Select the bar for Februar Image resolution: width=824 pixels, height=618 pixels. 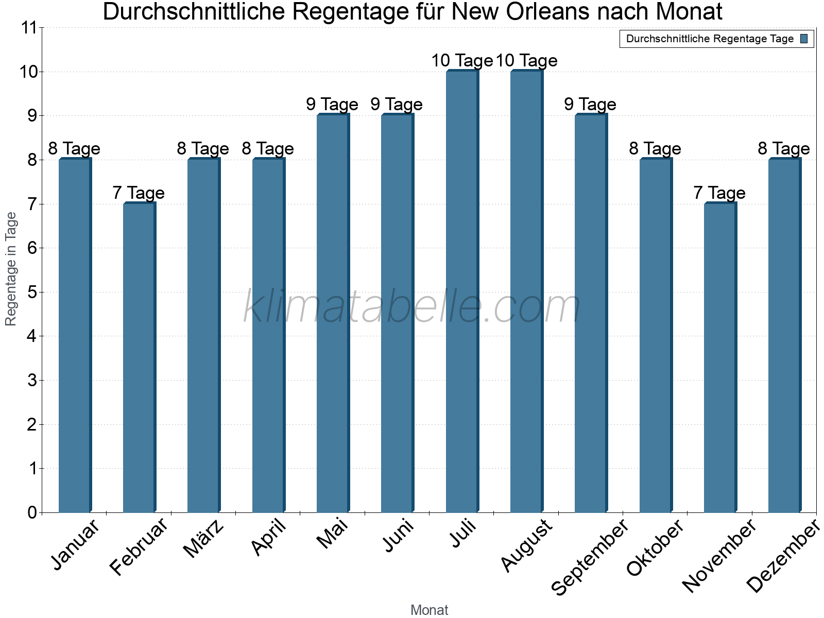tap(139, 358)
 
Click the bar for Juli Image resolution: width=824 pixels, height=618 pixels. tap(462, 291)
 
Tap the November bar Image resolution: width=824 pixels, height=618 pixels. tap(720, 358)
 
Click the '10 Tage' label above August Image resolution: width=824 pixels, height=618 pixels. tap(526, 61)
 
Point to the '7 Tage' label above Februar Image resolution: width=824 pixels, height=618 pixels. tap(139, 193)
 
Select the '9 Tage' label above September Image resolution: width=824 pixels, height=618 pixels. tap(590, 105)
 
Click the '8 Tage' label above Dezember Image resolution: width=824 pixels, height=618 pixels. tap(784, 149)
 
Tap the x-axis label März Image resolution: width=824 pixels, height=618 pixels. tap(204, 539)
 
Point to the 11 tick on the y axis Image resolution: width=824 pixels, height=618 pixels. tap(29, 28)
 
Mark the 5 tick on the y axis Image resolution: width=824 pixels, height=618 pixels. tap(32, 293)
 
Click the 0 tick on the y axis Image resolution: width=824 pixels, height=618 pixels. tap(32, 512)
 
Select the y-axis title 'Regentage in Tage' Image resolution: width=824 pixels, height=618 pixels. tap(11, 269)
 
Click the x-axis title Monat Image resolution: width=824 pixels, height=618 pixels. tap(429, 610)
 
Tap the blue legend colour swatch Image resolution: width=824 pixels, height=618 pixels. tap(804, 39)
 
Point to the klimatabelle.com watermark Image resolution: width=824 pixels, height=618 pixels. tap(412, 306)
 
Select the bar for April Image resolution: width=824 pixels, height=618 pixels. tap(268, 336)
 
